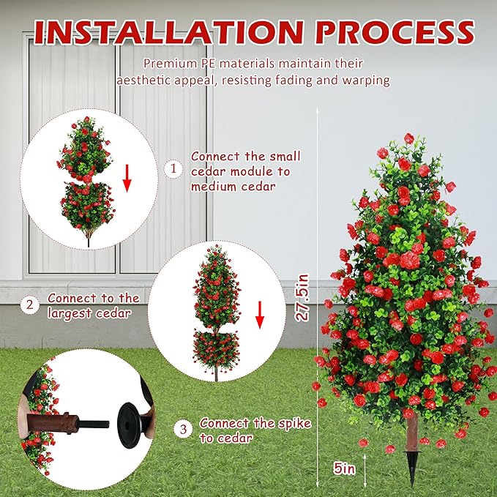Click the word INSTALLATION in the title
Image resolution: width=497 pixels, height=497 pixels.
tap(168, 32)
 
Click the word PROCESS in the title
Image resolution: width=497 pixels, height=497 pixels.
tap(395, 32)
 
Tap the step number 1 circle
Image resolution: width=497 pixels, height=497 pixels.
tap(173, 168)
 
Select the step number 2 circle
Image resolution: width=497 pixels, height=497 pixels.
tap(29, 305)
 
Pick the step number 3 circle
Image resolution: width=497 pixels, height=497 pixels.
tap(183, 430)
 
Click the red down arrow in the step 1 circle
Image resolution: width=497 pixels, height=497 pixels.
tap(127, 178)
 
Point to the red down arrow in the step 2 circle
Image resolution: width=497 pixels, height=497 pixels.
tap(260, 315)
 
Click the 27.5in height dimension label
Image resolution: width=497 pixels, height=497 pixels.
tap(302, 298)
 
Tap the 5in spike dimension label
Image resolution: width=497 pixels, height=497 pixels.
tap(344, 468)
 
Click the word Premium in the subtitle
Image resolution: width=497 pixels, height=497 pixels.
tap(170, 64)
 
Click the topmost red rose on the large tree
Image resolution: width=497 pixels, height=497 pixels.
tap(408, 138)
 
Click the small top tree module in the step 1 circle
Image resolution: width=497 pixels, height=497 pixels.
tap(85, 149)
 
